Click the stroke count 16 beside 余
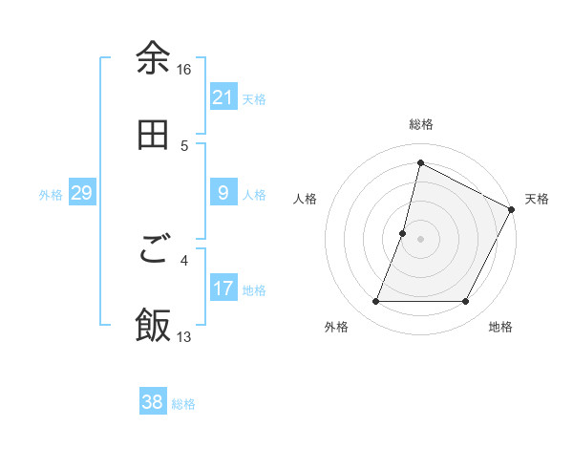click(184, 70)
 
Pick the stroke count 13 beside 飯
click(184, 337)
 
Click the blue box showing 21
click(223, 97)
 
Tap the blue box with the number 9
click(223, 194)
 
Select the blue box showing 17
click(223, 289)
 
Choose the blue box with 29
click(81, 194)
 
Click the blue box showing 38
click(153, 402)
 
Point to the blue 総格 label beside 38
click(183, 404)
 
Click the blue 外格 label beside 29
click(51, 195)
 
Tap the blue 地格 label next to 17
click(254, 290)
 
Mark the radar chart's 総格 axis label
click(421, 124)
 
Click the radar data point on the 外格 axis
click(375, 302)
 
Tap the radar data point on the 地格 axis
click(466, 302)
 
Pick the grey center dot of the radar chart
click(420, 239)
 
